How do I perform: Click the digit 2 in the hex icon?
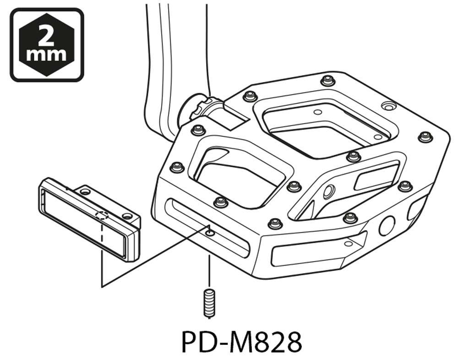pyautogui.click(x=47, y=35)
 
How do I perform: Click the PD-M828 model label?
pyautogui.click(x=241, y=341)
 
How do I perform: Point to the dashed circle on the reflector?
pyautogui.click(x=101, y=216)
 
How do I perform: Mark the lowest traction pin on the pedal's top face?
pyautogui.click(x=275, y=223)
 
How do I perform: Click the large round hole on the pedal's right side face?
pyautogui.click(x=386, y=225)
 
